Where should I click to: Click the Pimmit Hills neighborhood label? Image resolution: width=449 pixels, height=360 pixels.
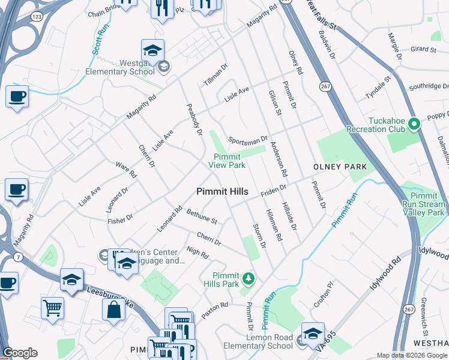pyautogui.click(x=222, y=191)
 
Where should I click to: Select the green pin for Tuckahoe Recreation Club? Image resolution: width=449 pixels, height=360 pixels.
pyautogui.click(x=413, y=124)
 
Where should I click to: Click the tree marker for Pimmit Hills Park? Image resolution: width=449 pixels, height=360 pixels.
pyautogui.click(x=249, y=278)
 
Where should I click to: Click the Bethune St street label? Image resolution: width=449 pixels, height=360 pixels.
pyautogui.click(x=201, y=217)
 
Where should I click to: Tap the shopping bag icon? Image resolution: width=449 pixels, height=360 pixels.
pyautogui.click(x=113, y=310)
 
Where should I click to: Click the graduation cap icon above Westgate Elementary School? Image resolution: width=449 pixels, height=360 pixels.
pyautogui.click(x=152, y=50)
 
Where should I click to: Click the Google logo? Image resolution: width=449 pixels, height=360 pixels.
pyautogui.click(x=20, y=353)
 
